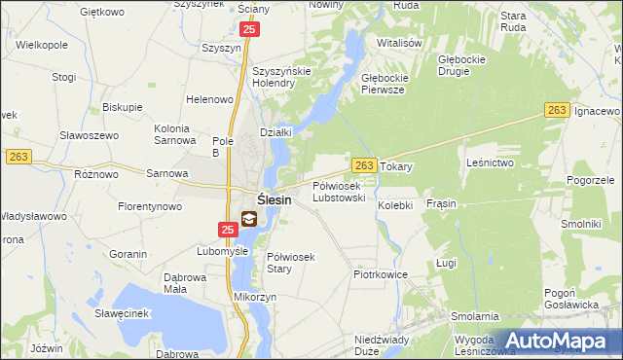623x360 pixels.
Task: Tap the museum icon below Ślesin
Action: point(250,221)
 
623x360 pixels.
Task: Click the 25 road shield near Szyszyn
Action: point(250,31)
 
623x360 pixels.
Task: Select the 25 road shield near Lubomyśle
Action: point(227,230)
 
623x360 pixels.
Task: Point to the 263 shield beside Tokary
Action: point(364,166)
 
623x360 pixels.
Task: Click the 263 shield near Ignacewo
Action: point(556,112)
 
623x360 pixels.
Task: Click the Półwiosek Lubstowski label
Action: point(339,191)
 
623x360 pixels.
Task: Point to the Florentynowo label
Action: point(151,207)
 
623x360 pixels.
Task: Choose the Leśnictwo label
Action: point(490,162)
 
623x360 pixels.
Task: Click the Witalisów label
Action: point(400,44)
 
